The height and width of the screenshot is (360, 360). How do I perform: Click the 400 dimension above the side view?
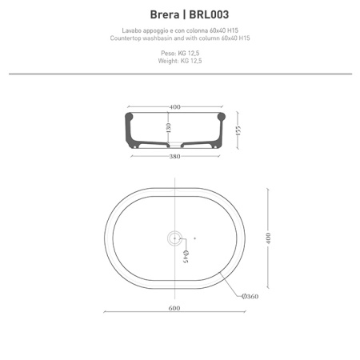(x=175, y=106)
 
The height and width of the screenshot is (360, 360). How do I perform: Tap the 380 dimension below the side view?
(x=175, y=156)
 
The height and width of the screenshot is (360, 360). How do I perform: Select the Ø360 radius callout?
(x=249, y=296)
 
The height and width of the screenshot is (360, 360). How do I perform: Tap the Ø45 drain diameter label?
(x=185, y=256)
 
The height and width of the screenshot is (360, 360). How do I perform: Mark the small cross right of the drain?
(x=194, y=237)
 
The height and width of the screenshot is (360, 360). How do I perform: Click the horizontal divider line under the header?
(x=180, y=74)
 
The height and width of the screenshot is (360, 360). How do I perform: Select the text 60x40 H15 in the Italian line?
(x=222, y=31)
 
